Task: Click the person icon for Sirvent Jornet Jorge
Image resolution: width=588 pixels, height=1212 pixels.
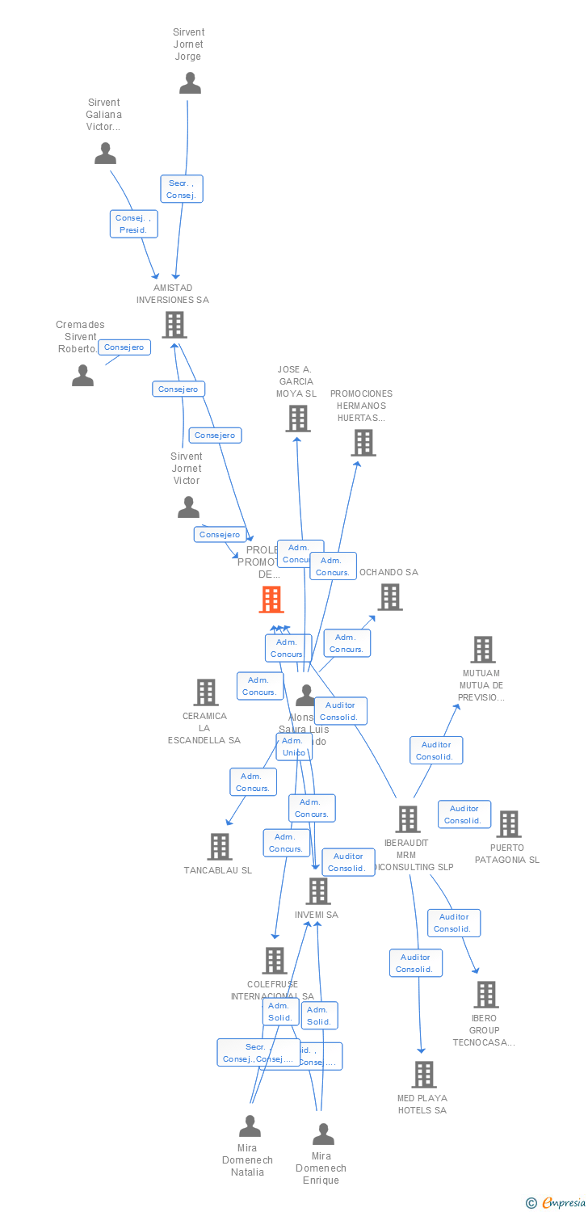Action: tap(190, 83)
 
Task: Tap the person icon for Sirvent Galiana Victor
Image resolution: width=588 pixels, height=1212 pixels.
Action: tap(105, 154)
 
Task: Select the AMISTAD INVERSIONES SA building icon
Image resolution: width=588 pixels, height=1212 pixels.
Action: tap(174, 325)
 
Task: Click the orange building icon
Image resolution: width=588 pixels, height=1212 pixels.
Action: tap(271, 600)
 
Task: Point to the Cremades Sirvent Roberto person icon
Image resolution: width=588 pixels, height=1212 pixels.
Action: tap(82, 376)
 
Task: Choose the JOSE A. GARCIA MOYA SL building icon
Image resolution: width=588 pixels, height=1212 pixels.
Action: tap(298, 419)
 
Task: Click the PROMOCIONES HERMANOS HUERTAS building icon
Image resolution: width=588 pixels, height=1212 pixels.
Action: tap(363, 443)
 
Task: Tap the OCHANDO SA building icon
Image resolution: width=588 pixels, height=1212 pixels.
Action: tap(390, 597)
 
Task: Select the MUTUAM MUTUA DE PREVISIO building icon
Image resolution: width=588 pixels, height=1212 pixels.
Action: tap(482, 650)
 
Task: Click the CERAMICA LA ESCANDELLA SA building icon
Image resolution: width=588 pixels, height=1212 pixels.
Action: tap(206, 692)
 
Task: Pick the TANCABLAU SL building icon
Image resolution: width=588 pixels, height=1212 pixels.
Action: tap(220, 847)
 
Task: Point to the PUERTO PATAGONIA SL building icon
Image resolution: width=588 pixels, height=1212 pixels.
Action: tap(508, 824)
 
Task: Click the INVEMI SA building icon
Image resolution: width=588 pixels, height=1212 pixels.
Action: tap(318, 891)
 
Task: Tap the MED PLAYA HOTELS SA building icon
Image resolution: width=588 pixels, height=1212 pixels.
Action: tap(423, 1075)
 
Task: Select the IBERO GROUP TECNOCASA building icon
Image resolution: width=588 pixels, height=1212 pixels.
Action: tap(485, 995)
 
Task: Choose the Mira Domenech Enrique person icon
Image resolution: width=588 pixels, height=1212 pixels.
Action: tap(323, 1134)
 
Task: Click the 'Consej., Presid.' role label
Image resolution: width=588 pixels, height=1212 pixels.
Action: tap(133, 224)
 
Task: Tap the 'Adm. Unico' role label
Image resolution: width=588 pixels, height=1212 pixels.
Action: tap(293, 747)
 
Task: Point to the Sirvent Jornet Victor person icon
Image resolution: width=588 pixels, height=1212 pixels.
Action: tap(188, 507)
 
